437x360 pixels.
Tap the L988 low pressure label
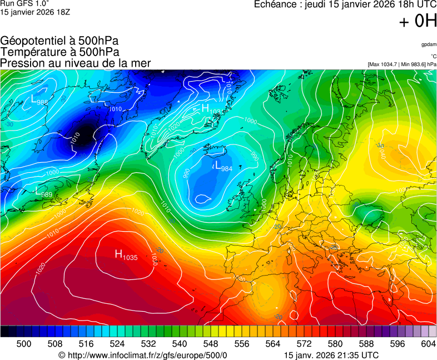tap(39, 100)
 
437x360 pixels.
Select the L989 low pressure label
tap(44, 193)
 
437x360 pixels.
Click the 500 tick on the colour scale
tap(23, 344)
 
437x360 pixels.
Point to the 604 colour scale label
tap(428, 344)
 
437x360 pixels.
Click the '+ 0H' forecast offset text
tap(418, 22)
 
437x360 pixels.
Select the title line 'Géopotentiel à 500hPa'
tap(59, 41)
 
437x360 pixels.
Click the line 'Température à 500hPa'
tap(59, 52)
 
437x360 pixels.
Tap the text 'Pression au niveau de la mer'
tap(76, 63)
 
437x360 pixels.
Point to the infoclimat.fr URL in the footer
tap(143, 355)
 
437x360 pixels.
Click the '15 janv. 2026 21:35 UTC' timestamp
tap(331, 355)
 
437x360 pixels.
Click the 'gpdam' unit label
tap(428, 44)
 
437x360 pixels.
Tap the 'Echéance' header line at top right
tap(345, 5)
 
